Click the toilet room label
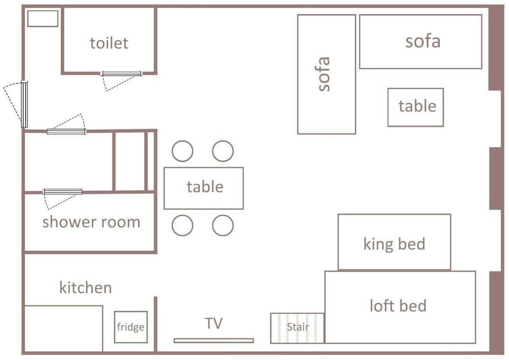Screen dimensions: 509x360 (109, 43)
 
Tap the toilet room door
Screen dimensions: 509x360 (121, 74)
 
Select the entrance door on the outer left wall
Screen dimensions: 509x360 (24, 104)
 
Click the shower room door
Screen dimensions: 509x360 (63, 192)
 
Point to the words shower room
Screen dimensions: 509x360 (91, 222)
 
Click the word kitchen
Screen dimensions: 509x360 (86, 287)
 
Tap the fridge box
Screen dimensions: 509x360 (131, 327)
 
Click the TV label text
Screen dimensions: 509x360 (214, 323)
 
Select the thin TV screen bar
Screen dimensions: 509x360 (214, 341)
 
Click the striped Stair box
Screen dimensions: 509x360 (297, 328)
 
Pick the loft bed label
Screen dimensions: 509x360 (398, 306)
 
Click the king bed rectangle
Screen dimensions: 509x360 (394, 242)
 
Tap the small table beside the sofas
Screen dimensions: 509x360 (415, 107)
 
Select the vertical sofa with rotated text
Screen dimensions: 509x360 (327, 74)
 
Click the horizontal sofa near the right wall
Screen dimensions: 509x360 (420, 42)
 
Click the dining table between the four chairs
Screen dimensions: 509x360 (204, 188)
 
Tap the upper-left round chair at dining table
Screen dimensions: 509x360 (182, 151)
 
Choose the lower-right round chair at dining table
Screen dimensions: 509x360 (223, 225)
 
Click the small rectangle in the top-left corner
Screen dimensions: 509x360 (43, 18)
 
